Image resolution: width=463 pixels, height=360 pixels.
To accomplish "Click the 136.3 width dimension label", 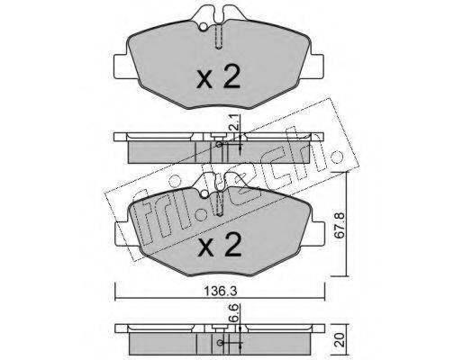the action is (x=221, y=291).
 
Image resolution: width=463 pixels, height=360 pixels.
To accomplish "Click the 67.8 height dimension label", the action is (x=340, y=225).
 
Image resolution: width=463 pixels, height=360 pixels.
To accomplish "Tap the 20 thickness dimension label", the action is (x=340, y=339).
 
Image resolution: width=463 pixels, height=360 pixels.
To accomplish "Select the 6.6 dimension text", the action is (x=234, y=312).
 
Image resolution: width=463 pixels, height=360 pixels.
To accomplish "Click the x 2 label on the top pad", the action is (x=218, y=77).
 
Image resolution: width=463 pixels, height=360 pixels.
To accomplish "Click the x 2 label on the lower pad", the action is (x=220, y=246).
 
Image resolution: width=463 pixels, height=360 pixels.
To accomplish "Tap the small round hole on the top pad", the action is (x=204, y=27).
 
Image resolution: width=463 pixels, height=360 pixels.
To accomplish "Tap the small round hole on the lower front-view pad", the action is (x=204, y=194).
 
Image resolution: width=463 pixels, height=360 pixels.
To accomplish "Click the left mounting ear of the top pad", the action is (x=122, y=67).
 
